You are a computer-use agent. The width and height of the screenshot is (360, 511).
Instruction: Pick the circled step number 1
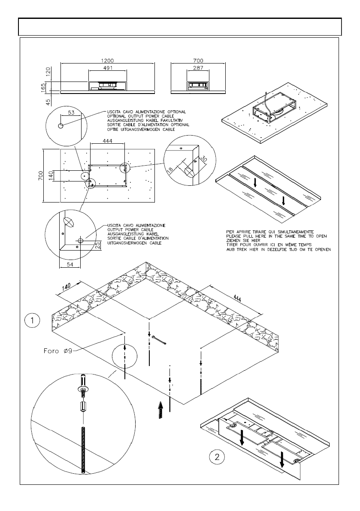pyautogui.click(x=33, y=320)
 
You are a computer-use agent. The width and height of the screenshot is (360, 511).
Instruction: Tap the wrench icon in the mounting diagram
pyautogui.click(x=161, y=341)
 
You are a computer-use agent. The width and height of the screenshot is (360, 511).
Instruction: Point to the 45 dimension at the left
pyautogui.click(x=48, y=101)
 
